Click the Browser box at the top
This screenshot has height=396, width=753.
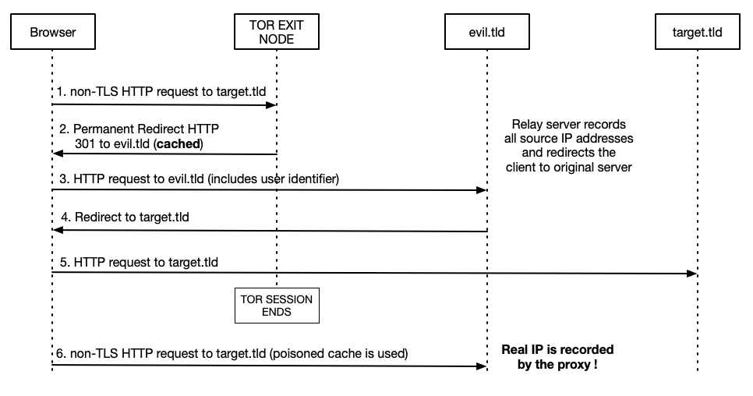tap(51, 32)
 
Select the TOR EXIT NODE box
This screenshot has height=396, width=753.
tap(277, 32)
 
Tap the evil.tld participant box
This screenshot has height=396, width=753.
tap(488, 32)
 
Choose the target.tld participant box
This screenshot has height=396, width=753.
tap(696, 32)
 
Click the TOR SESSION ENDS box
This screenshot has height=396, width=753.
tap(277, 306)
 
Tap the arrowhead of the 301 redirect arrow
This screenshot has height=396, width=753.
tap(57, 154)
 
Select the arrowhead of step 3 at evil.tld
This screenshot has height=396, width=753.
tap(483, 190)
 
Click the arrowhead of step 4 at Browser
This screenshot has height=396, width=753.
tap(57, 230)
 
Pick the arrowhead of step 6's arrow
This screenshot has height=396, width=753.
tap(483, 365)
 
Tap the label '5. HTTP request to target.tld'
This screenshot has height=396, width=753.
tap(137, 262)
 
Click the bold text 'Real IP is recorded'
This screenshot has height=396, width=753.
tap(557, 348)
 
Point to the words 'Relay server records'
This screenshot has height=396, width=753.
tap(568, 126)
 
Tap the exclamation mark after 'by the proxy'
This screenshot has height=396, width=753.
tap(595, 363)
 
